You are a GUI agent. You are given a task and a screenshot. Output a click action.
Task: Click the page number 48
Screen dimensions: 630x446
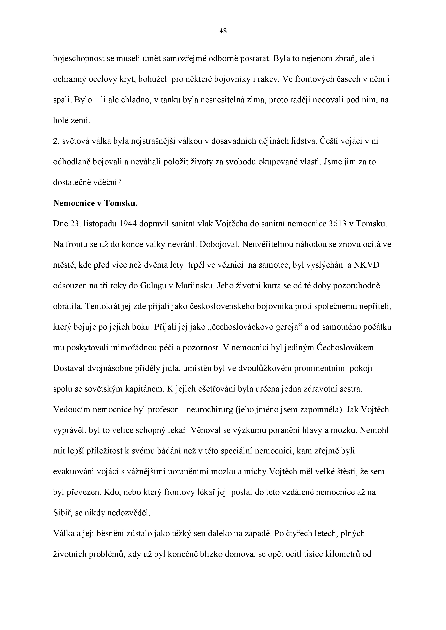click(223, 31)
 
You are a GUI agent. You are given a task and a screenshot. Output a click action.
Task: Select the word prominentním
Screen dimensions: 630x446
click(319, 368)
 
